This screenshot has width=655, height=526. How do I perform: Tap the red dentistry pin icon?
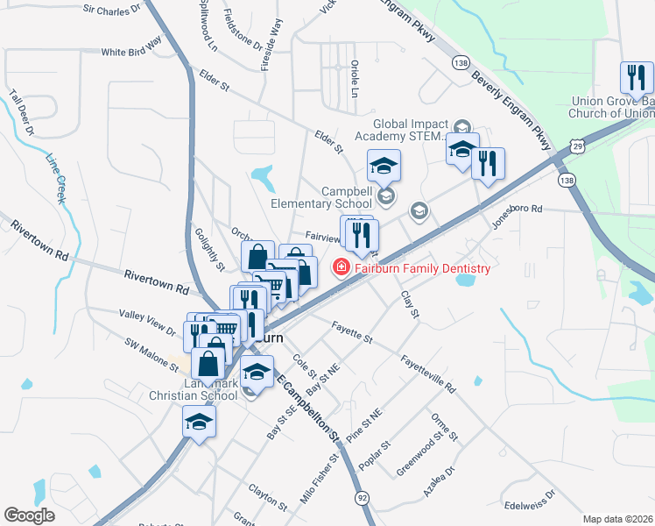339,267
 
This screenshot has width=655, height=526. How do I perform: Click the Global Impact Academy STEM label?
411,130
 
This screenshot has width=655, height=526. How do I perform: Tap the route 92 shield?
363,497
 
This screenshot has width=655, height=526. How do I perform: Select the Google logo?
29,515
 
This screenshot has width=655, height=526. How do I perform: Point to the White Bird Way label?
132,48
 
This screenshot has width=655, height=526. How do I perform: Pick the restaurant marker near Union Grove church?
636,80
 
